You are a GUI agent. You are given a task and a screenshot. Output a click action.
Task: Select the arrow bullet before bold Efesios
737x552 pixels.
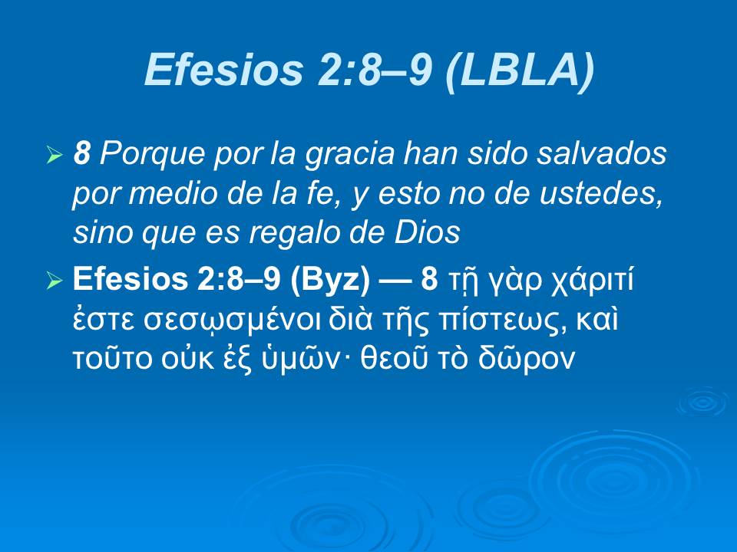54,282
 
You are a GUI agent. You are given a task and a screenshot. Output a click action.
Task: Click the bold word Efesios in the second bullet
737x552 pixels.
127,281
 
